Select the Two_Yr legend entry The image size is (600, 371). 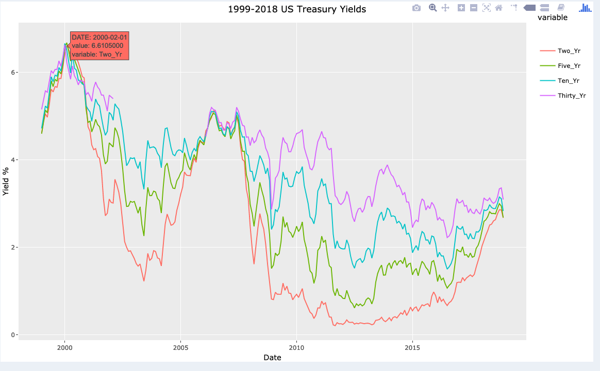(569, 51)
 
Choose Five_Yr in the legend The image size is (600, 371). (569, 66)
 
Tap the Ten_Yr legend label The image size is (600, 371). (569, 81)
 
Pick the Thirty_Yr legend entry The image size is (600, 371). (572, 96)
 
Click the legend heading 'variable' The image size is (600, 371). (552, 17)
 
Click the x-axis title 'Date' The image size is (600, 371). (272, 358)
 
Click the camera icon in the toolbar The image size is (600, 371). (416, 8)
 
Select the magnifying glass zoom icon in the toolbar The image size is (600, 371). (433, 8)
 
